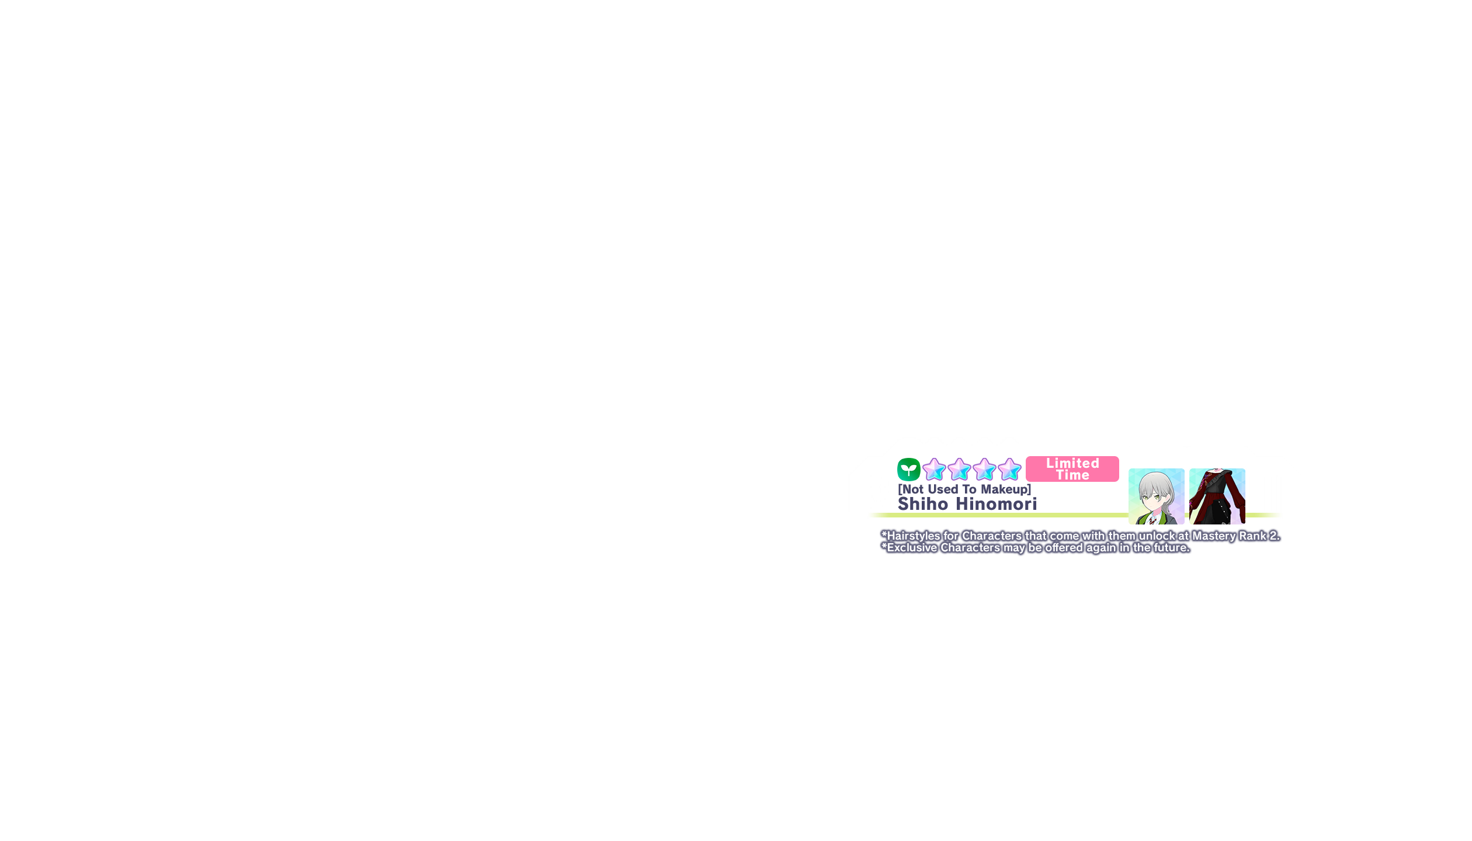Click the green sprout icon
(908, 470)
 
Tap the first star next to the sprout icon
(934, 470)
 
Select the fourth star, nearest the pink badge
(1009, 470)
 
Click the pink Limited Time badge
(1072, 469)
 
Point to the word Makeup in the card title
(1006, 489)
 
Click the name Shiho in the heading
(923, 503)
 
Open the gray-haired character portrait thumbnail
(1157, 496)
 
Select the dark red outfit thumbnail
(1217, 496)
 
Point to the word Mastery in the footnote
(1214, 536)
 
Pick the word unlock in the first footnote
(1157, 536)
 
